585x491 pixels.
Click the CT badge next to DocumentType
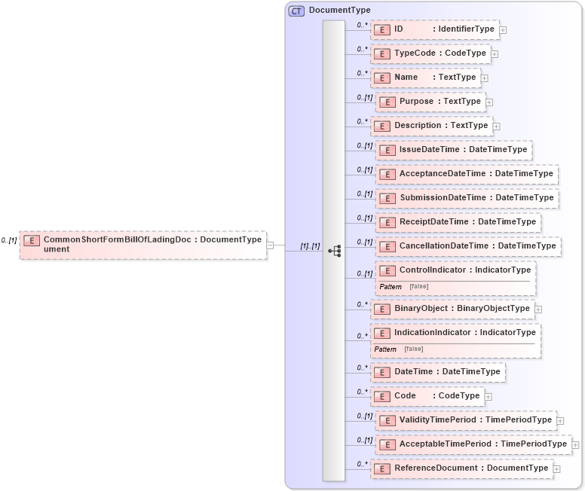297,11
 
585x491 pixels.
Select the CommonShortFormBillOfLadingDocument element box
143,245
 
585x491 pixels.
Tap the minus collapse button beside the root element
270,245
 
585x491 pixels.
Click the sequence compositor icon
335,249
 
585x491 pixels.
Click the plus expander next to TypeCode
495,54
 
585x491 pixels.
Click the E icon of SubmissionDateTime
387,198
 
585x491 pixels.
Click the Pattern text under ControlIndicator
390,287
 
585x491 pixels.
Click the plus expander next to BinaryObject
538,309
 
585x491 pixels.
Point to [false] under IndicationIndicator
413,349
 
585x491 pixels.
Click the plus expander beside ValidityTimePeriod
560,420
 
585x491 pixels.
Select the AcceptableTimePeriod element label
482,444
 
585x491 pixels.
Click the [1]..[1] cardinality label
311,246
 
